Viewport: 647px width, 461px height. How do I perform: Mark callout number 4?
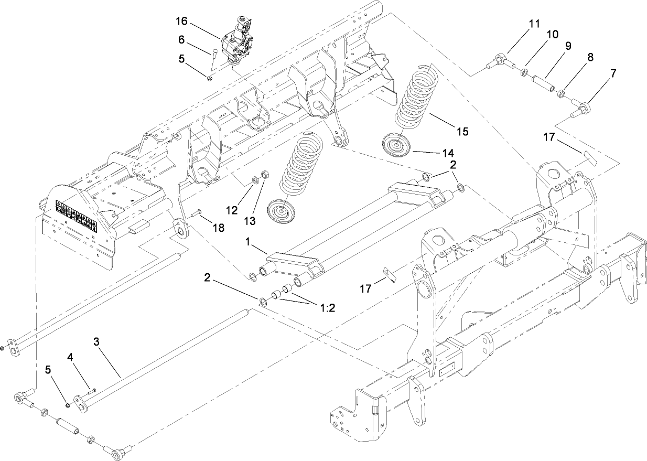71,358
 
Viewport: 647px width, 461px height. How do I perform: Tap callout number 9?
567,46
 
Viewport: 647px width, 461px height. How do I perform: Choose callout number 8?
590,57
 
